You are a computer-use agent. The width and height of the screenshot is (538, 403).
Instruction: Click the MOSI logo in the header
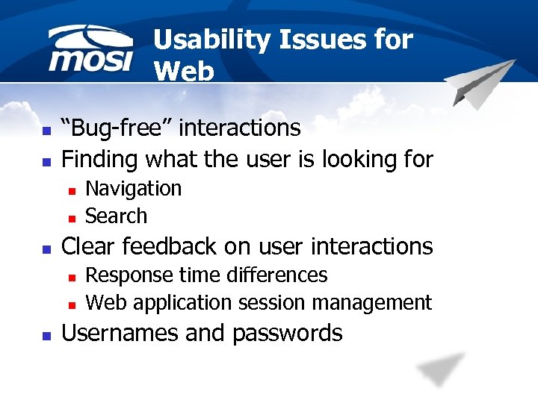(x=90, y=50)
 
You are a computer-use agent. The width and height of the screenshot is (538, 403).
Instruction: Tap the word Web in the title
(x=184, y=71)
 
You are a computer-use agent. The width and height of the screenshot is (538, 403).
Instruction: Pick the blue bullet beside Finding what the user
(x=46, y=161)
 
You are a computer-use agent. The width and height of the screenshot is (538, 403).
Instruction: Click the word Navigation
(x=133, y=189)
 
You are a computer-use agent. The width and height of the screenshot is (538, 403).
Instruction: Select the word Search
(x=116, y=216)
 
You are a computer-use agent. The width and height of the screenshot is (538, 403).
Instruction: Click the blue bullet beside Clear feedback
(x=46, y=249)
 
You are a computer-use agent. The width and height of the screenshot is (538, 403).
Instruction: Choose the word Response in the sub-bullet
(x=122, y=275)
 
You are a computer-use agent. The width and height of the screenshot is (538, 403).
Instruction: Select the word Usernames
(x=120, y=333)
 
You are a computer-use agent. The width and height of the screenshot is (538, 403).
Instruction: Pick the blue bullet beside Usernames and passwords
(x=46, y=335)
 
